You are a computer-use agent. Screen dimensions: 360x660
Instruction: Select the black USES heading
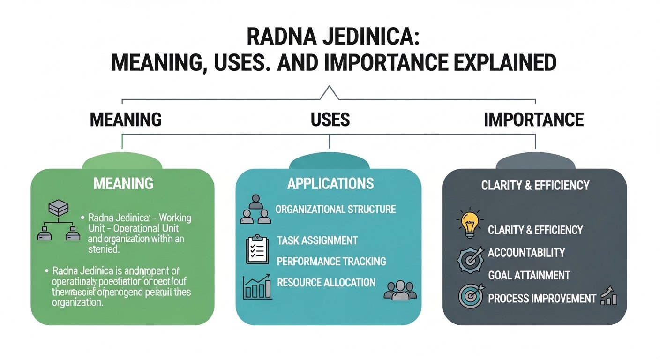coord(330,120)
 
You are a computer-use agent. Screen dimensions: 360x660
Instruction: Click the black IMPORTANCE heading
coord(533,120)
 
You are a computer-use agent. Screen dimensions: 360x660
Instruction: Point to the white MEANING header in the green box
coord(123,183)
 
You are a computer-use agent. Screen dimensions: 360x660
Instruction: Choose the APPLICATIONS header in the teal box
coord(330,183)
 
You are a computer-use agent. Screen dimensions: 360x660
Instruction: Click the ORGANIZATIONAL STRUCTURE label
coord(336,209)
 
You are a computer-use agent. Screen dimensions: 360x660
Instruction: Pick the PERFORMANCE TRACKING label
coord(331,261)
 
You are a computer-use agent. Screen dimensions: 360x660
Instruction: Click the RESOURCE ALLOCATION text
coord(326,283)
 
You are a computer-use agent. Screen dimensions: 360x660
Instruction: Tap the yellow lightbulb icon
coord(470,224)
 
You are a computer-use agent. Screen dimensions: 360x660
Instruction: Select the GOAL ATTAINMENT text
coord(529,275)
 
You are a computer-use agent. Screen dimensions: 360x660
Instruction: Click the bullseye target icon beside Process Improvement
coord(469,297)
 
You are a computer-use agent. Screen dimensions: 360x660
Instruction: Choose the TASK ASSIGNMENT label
coord(317,240)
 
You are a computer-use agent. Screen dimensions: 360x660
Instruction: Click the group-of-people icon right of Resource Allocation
coord(396,290)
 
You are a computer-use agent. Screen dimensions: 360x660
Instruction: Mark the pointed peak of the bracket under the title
coord(330,87)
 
